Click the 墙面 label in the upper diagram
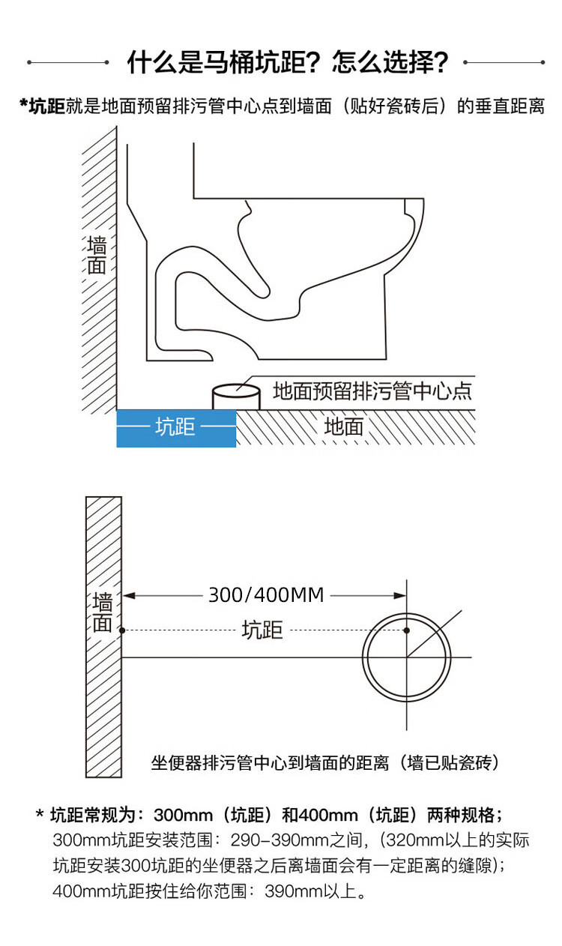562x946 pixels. click(97, 256)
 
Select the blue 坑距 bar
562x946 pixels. click(176, 428)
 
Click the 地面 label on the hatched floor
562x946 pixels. click(344, 427)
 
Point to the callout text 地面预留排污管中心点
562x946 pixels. click(372, 391)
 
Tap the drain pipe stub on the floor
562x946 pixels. click(236, 396)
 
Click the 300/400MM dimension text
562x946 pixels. click(266, 595)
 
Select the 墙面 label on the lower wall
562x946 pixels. click(103, 612)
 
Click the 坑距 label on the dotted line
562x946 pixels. click(262, 630)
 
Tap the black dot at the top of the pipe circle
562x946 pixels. click(406, 630)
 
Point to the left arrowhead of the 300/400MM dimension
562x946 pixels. click(128, 596)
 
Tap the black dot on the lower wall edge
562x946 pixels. click(122, 630)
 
